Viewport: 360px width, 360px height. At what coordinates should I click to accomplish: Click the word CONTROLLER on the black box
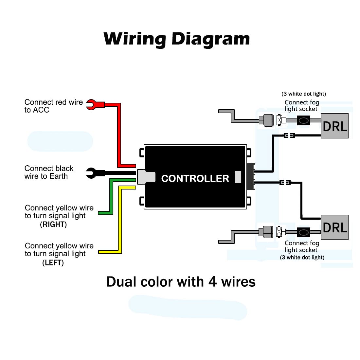[x=195, y=178]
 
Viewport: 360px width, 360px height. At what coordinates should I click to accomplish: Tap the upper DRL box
[x=334, y=126]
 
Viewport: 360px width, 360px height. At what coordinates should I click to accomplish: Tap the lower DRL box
[x=334, y=227]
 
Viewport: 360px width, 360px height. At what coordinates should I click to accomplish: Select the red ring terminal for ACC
[x=92, y=105]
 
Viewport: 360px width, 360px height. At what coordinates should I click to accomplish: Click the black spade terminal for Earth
[x=91, y=173]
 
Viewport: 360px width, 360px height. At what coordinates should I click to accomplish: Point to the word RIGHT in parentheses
[x=53, y=225]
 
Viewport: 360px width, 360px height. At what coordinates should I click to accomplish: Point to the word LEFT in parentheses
[x=53, y=262]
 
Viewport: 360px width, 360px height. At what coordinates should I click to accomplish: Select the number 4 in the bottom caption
[x=212, y=282]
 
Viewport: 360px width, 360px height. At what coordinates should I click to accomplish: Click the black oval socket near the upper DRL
[x=303, y=121]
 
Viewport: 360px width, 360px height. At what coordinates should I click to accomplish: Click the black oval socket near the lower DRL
[x=303, y=232]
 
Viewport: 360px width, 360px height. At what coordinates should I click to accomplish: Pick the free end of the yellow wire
[x=100, y=252]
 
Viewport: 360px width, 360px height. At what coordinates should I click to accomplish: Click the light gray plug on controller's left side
[x=146, y=177]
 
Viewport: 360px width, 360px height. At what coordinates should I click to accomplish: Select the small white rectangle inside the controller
[x=238, y=177]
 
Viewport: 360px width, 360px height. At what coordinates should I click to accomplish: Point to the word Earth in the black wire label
[x=59, y=176]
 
